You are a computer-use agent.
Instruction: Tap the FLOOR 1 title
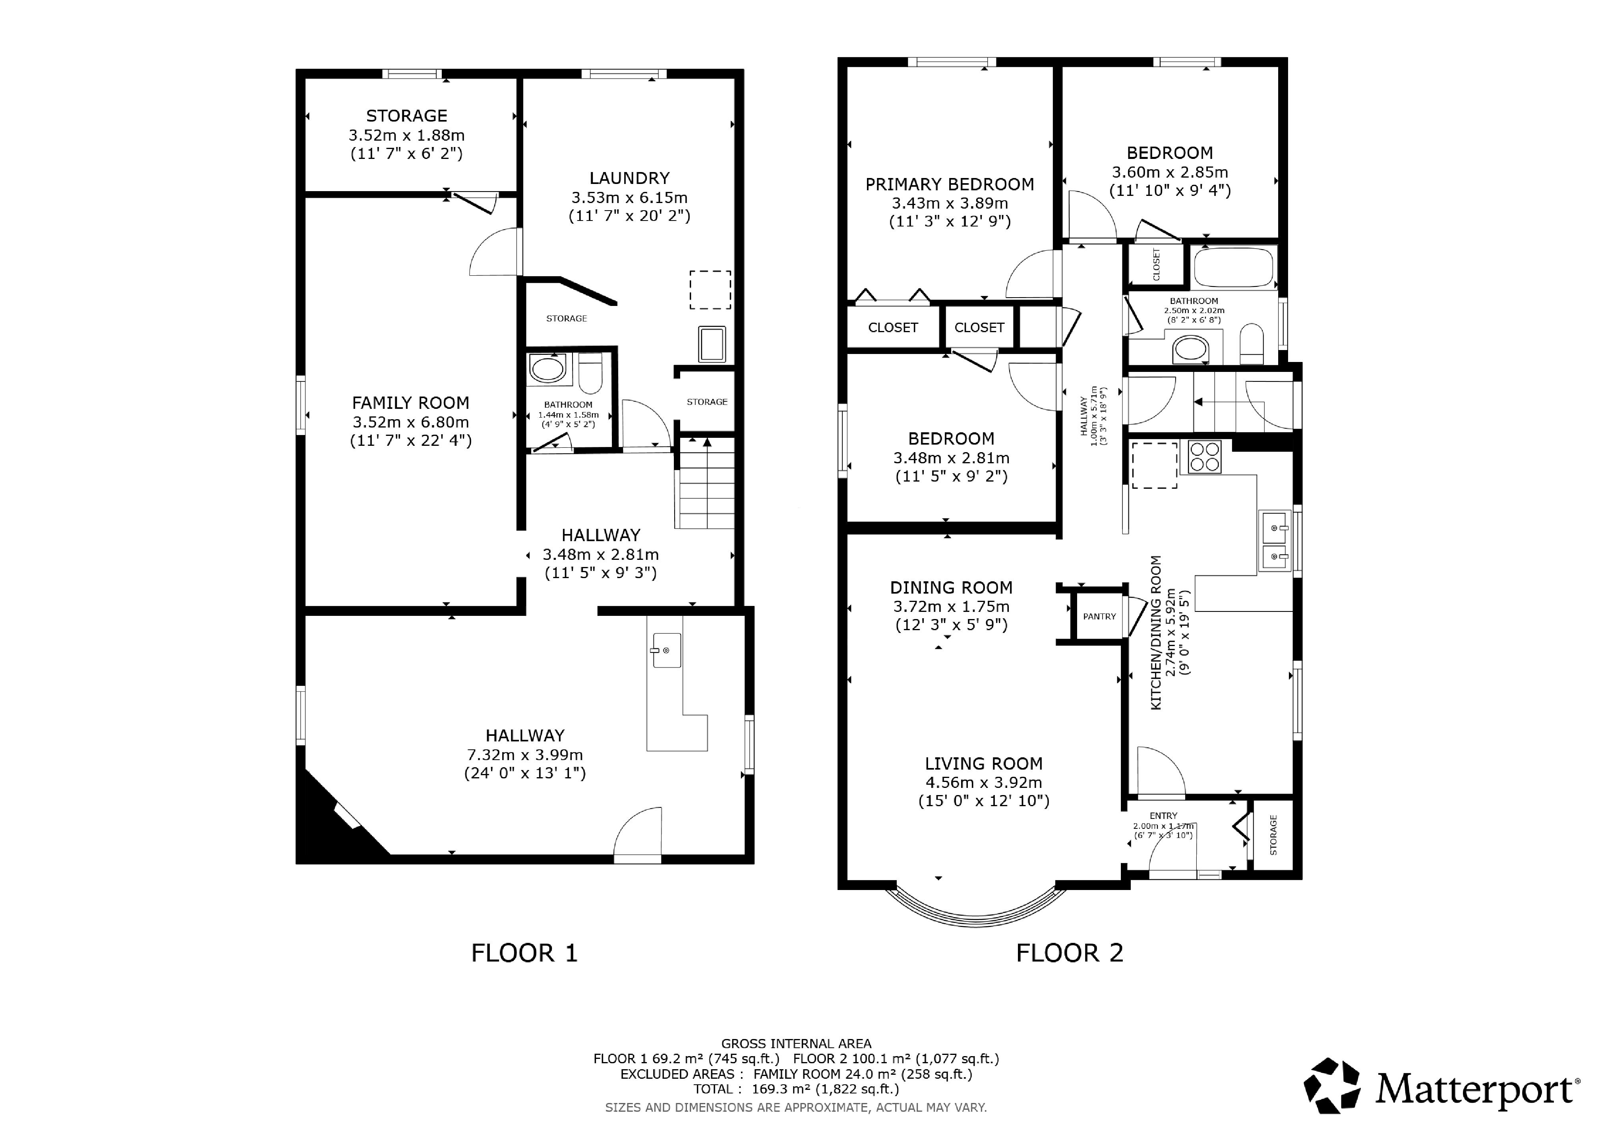point(525,952)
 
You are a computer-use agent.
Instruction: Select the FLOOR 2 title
point(1070,952)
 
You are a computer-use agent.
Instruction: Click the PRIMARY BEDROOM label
point(950,184)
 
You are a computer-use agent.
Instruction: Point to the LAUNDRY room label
point(629,178)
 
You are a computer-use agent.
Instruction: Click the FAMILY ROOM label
point(411,403)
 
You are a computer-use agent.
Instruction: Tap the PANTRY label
point(1100,617)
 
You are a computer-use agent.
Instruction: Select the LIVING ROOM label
point(983,763)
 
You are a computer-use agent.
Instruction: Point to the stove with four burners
point(1205,457)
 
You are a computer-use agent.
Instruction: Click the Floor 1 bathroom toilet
point(591,373)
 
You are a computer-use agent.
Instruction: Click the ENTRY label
point(1164,815)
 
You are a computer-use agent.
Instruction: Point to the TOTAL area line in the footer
point(796,1089)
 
